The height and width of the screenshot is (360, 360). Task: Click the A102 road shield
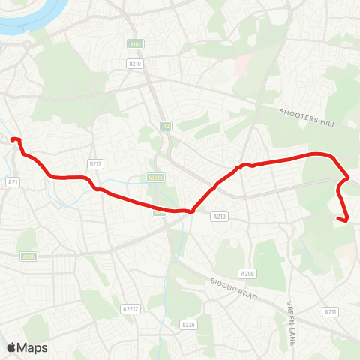(x=135, y=45)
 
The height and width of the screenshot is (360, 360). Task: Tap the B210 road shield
(x=135, y=64)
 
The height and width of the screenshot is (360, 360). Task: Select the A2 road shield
(x=166, y=126)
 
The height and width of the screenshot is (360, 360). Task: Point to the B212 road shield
(x=94, y=163)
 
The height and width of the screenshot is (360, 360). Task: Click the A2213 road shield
(x=155, y=178)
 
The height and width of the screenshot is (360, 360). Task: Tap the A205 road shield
(x=28, y=256)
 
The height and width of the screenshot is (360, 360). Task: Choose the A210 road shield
(x=219, y=217)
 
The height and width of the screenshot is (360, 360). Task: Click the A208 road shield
(x=247, y=274)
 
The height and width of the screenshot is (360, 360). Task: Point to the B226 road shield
(x=188, y=325)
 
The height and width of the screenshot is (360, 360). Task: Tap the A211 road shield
(x=330, y=311)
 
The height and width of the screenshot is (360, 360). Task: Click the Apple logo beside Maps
(x=12, y=347)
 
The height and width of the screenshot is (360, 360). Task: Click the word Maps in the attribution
(x=32, y=348)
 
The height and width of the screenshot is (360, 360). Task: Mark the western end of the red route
(x=13, y=139)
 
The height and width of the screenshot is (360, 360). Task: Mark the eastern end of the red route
(x=347, y=220)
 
